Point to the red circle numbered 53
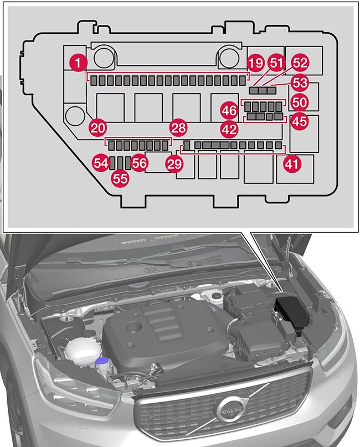pyautogui.click(x=300, y=83)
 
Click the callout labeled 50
pyautogui.click(x=300, y=102)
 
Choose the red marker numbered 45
pyautogui.click(x=300, y=121)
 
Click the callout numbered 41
pyautogui.click(x=291, y=163)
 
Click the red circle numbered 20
pyautogui.click(x=98, y=128)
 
